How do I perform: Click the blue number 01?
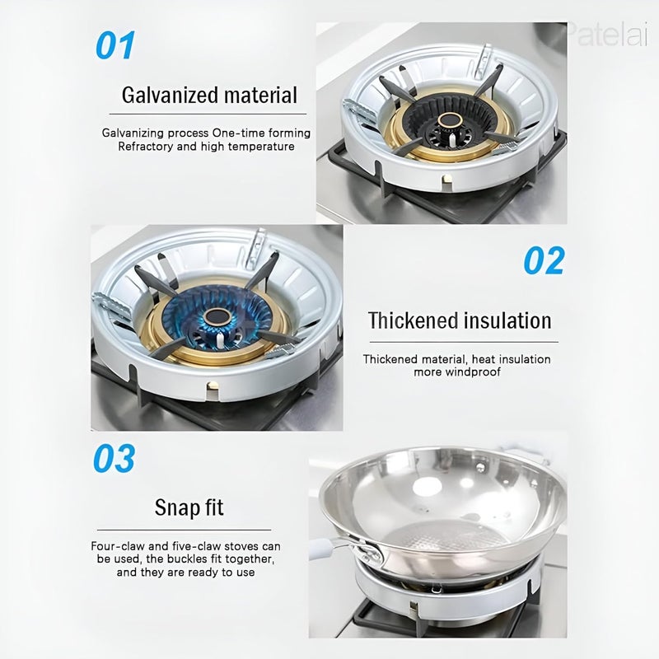[115, 45]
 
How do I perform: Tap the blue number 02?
[544, 260]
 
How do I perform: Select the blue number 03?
[115, 459]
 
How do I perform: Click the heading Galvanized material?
[209, 95]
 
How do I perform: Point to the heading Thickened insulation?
[460, 320]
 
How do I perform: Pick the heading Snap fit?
[189, 507]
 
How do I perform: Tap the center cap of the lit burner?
[219, 316]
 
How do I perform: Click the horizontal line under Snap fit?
[189, 530]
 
